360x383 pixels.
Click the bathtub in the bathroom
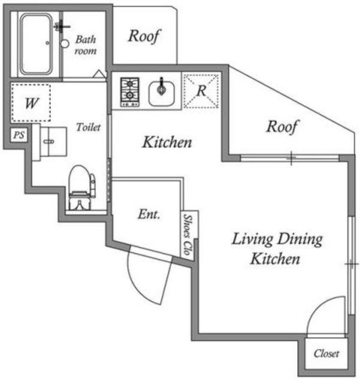tap(36, 44)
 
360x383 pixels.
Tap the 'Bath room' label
tap(86, 45)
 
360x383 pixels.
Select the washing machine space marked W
tap(31, 103)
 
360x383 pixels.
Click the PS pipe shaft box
tap(19, 135)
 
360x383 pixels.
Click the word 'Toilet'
tap(88, 127)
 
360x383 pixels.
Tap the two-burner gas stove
tap(129, 92)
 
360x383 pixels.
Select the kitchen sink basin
tap(162, 93)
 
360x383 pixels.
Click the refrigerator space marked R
tap(201, 91)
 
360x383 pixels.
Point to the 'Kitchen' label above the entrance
tap(167, 142)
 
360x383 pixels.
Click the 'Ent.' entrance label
tap(149, 214)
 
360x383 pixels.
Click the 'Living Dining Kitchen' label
tap(277, 248)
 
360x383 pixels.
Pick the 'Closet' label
tap(326, 354)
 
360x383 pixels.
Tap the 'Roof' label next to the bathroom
tap(144, 36)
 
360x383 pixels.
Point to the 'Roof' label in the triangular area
tap(282, 126)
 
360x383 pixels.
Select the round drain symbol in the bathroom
tap(65, 44)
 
